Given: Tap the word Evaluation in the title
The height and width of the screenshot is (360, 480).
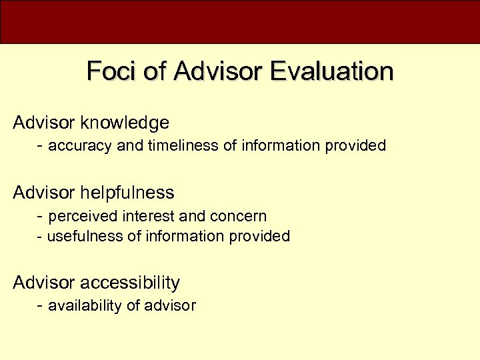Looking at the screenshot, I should (332, 71).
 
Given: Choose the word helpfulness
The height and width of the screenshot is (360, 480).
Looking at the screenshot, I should (127, 193).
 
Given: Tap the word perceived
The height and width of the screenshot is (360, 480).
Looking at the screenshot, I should (79, 216).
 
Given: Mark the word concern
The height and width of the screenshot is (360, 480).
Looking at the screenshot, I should (238, 216).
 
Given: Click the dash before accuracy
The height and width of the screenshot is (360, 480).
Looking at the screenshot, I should (41, 145).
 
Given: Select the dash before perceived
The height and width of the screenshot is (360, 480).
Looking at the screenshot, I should (41, 216).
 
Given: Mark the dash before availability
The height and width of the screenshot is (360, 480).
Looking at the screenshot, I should (41, 306).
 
